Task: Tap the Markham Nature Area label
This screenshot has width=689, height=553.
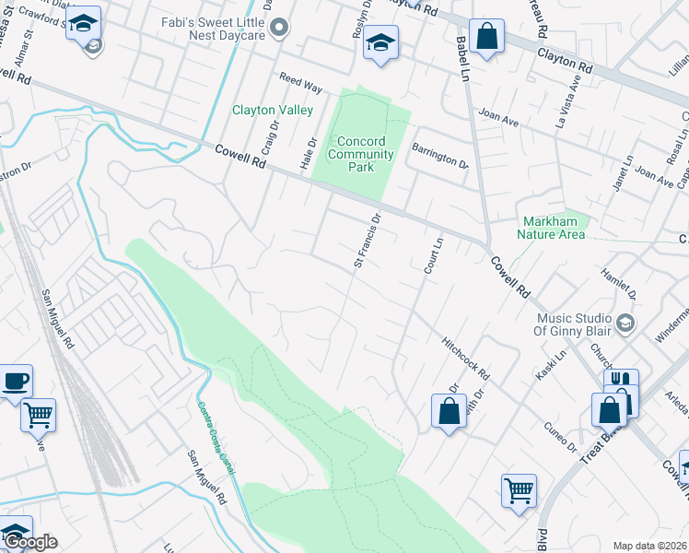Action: click(x=554, y=228)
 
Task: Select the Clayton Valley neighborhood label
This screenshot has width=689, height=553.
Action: click(x=272, y=110)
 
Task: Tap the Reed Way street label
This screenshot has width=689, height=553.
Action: click(x=300, y=84)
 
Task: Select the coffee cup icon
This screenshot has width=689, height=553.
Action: click(x=17, y=381)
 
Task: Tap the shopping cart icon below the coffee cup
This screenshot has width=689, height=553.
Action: click(x=39, y=415)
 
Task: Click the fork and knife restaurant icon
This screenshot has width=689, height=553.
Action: click(x=622, y=382)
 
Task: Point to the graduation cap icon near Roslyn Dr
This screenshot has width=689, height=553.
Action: click(x=380, y=41)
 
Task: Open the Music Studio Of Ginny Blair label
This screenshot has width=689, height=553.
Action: click(x=574, y=324)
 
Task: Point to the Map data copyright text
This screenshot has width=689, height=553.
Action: click(x=648, y=546)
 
